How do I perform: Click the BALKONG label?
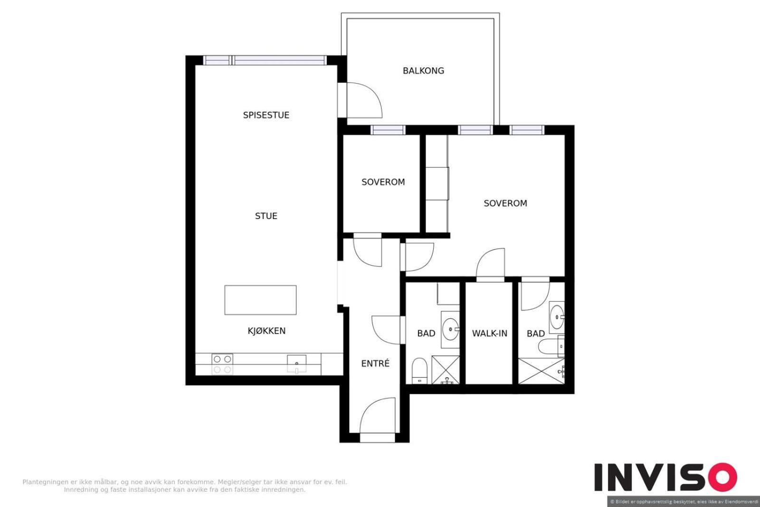click(423, 71)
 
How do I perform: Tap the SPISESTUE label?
click(266, 115)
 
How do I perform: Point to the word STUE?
click(266, 216)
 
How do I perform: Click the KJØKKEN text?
click(266, 331)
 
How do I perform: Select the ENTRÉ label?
click(375, 363)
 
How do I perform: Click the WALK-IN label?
click(489, 333)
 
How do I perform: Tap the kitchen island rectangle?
click(260, 300)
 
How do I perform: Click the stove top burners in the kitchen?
click(222, 364)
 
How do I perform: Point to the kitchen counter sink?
click(296, 364)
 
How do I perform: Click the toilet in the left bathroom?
click(419, 371)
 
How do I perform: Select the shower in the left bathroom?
click(446, 370)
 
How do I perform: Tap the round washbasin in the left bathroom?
click(451, 329)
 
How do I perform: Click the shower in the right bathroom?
click(541, 371)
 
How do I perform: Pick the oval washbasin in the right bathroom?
click(557, 317)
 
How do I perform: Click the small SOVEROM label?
click(383, 182)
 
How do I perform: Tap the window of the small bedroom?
click(388, 130)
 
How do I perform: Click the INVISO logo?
click(665, 477)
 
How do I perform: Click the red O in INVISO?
click(723, 477)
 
